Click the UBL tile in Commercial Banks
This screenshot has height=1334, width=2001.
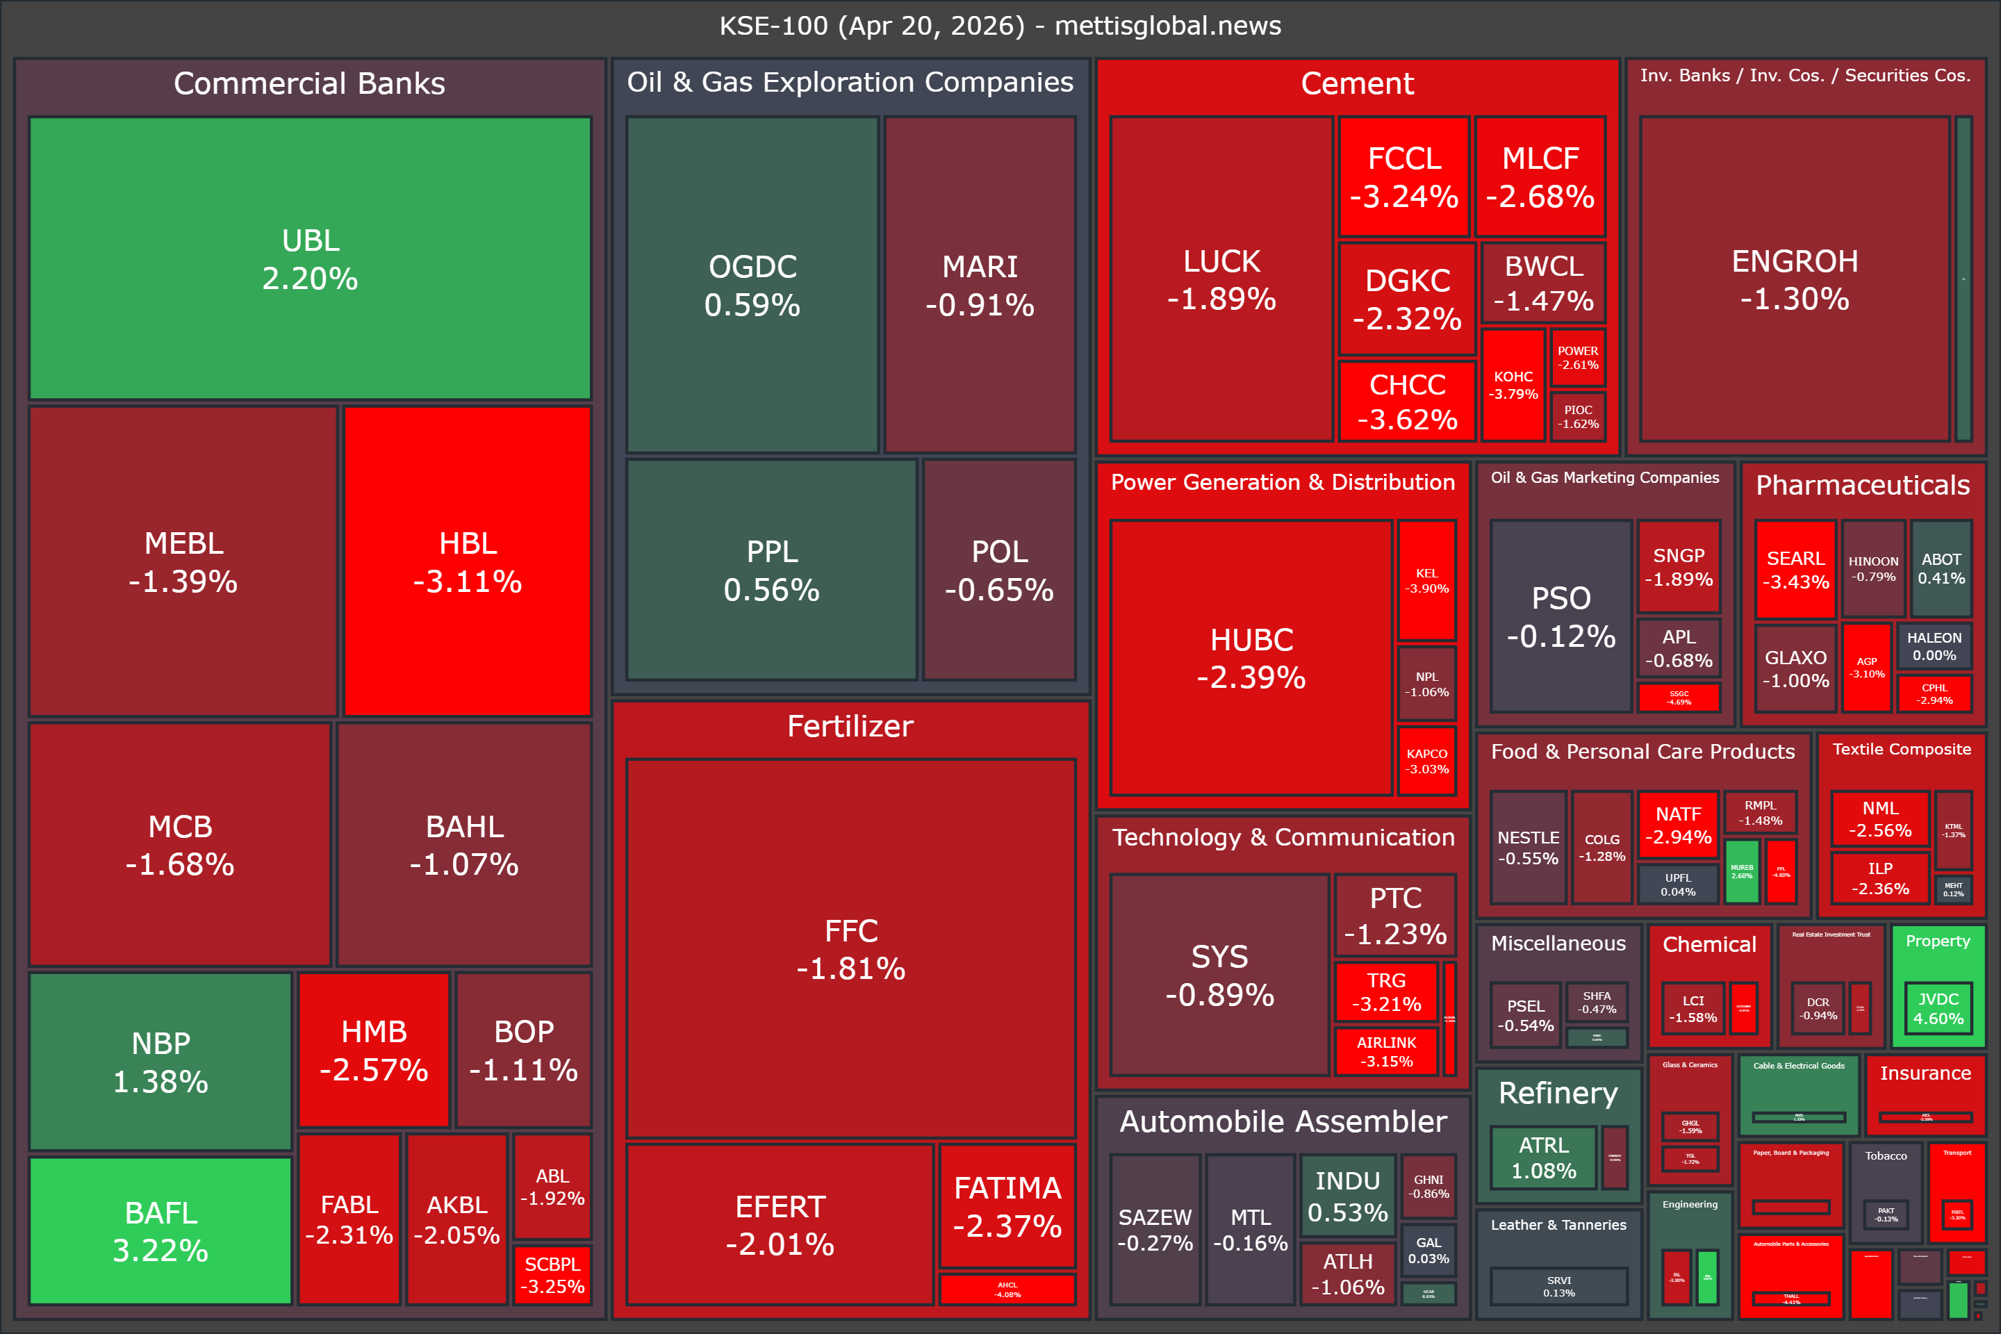pyautogui.click(x=310, y=258)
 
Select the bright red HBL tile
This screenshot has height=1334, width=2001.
pyautogui.click(x=467, y=561)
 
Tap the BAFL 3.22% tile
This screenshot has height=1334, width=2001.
pyautogui.click(x=160, y=1230)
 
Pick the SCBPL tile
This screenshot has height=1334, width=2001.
pyautogui.click(x=552, y=1274)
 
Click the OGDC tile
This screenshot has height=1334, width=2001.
pyautogui.click(x=752, y=284)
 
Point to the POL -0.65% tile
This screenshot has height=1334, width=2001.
pyautogui.click(x=999, y=569)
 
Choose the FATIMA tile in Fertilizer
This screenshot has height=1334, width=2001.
pyautogui.click(x=1007, y=1205)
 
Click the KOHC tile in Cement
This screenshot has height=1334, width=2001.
pyautogui.click(x=1513, y=384)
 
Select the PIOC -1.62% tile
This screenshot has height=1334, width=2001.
pyautogui.click(x=1577, y=416)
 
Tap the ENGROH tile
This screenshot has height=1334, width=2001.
pyautogui.click(x=1794, y=279)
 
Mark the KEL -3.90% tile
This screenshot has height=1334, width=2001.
pyautogui.click(x=1426, y=580)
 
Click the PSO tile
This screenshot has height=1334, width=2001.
pyautogui.click(x=1561, y=616)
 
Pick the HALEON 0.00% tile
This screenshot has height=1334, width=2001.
pyautogui.click(x=1934, y=645)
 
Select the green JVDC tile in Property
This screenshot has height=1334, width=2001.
pyautogui.click(x=1938, y=1008)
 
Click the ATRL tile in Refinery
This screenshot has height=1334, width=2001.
pyautogui.click(x=1543, y=1157)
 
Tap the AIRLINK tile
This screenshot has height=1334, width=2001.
pyautogui.click(x=1386, y=1051)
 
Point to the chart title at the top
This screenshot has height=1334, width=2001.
pyautogui.click(x=1000, y=26)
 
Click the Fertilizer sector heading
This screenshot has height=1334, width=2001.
pyautogui.click(x=850, y=725)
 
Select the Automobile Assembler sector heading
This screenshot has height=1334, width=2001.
pyautogui.click(x=1283, y=1121)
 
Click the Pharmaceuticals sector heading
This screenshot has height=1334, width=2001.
pyautogui.click(x=1862, y=485)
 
